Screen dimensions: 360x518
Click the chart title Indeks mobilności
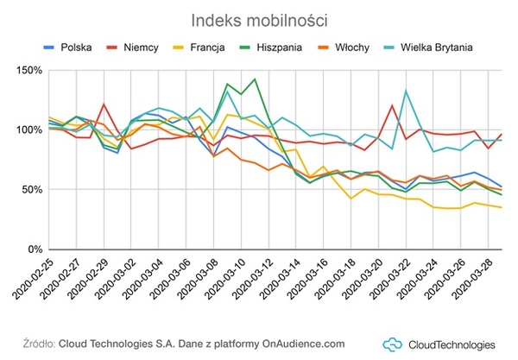(x=258, y=19)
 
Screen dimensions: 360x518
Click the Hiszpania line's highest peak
(x=255, y=79)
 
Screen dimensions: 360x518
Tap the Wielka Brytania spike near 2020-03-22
(x=406, y=90)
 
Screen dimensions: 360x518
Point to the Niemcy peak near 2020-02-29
(x=104, y=104)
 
